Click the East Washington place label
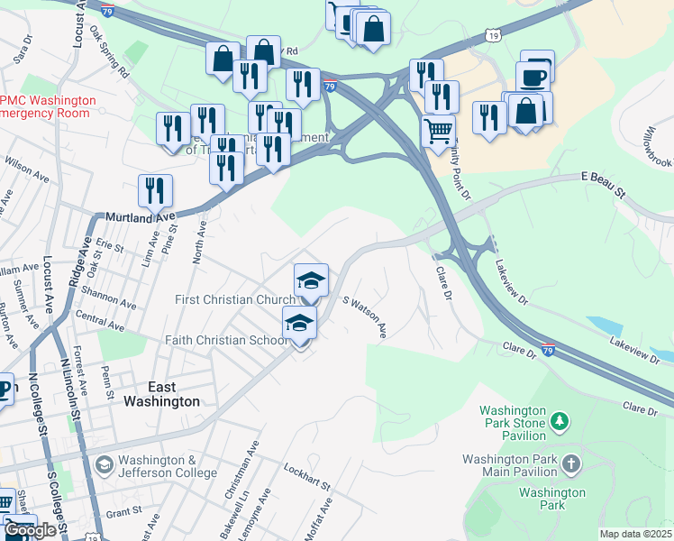click(x=162, y=393)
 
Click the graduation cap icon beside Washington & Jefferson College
click(x=104, y=465)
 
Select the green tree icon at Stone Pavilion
click(x=559, y=421)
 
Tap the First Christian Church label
click(x=234, y=299)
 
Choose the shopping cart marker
click(x=438, y=132)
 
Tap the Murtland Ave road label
click(x=139, y=218)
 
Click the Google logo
click(x=30, y=530)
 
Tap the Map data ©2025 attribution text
click(x=635, y=534)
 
